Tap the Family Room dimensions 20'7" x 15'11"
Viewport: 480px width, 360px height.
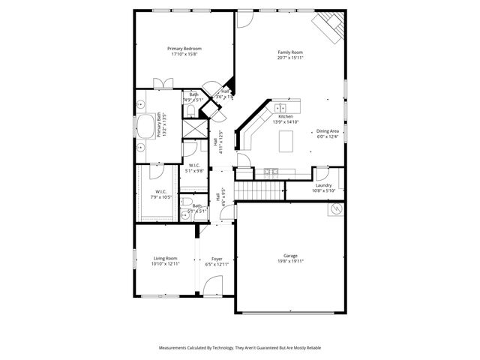289,58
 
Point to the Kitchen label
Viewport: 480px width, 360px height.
286,116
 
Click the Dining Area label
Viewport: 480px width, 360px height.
328,131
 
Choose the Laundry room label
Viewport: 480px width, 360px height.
323,185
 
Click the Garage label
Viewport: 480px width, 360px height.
290,255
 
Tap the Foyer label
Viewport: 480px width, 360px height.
217,259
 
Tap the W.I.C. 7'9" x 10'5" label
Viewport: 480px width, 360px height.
161,194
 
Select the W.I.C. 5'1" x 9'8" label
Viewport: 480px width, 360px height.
194,167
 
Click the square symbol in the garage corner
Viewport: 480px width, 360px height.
334,211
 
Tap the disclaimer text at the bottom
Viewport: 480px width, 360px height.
240,348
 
